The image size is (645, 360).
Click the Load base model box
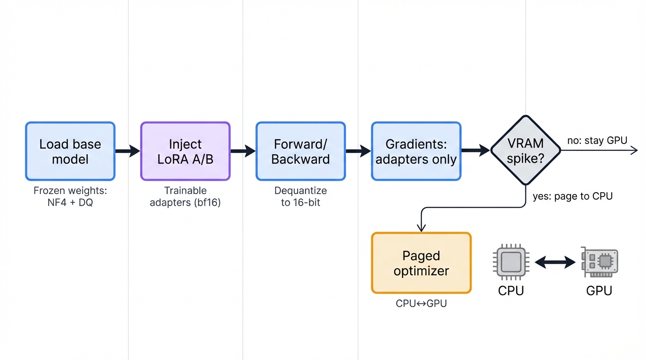(x=70, y=151)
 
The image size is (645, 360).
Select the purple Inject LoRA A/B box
(x=185, y=151)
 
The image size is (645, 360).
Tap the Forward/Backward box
(x=300, y=151)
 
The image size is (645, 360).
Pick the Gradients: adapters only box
(x=416, y=151)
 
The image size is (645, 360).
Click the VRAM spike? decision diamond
(x=525, y=151)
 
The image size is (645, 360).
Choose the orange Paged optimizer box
(x=421, y=263)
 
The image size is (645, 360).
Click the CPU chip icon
(x=510, y=262)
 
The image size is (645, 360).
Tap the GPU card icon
(x=599, y=262)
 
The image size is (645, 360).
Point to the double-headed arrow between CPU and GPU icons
(x=555, y=262)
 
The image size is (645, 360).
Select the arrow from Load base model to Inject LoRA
(x=127, y=151)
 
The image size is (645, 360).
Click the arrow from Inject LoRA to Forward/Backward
(x=243, y=151)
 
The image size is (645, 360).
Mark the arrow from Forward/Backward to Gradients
(x=359, y=151)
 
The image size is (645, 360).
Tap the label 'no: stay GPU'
(x=597, y=140)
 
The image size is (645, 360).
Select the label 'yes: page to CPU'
(x=572, y=196)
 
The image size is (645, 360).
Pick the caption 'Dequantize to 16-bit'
(x=300, y=197)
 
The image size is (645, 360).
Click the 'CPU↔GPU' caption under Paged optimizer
(x=421, y=303)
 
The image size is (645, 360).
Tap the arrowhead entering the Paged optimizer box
(x=421, y=227)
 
